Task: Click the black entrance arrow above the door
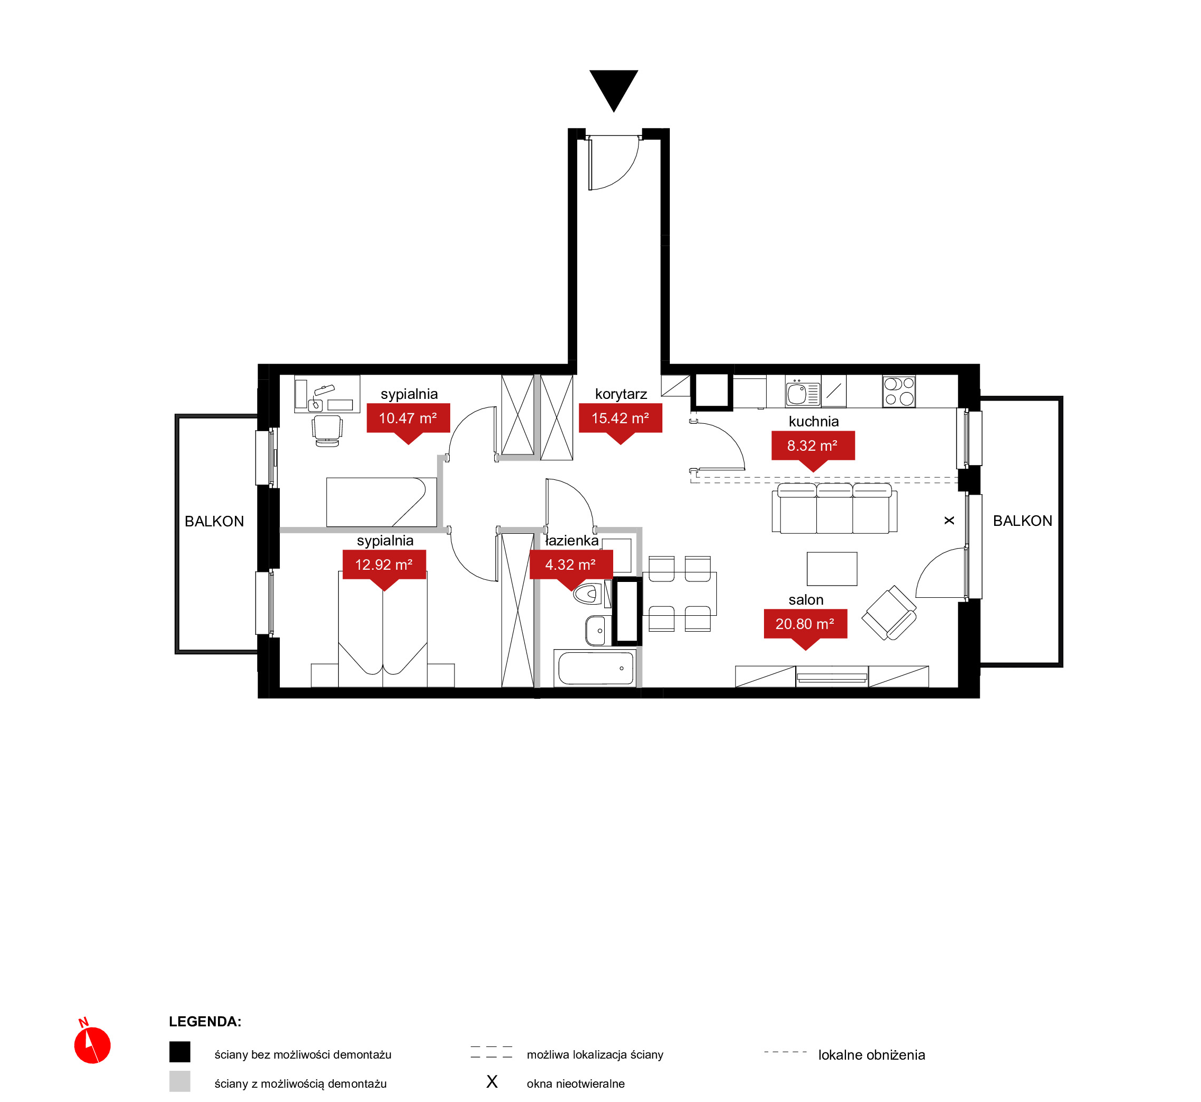pyautogui.click(x=614, y=88)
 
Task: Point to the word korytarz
pyautogui.click(x=621, y=394)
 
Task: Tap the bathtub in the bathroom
pyautogui.click(x=595, y=668)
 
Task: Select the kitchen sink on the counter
pyautogui.click(x=803, y=393)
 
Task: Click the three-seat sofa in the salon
pyautogui.click(x=834, y=508)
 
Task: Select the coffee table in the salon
pyautogui.click(x=832, y=569)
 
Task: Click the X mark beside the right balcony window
pyautogui.click(x=949, y=521)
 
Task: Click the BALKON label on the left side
pyautogui.click(x=214, y=521)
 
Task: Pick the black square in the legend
pyautogui.click(x=179, y=1052)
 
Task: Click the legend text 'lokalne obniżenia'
pyautogui.click(x=871, y=1055)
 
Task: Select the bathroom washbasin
pyautogui.click(x=597, y=630)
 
